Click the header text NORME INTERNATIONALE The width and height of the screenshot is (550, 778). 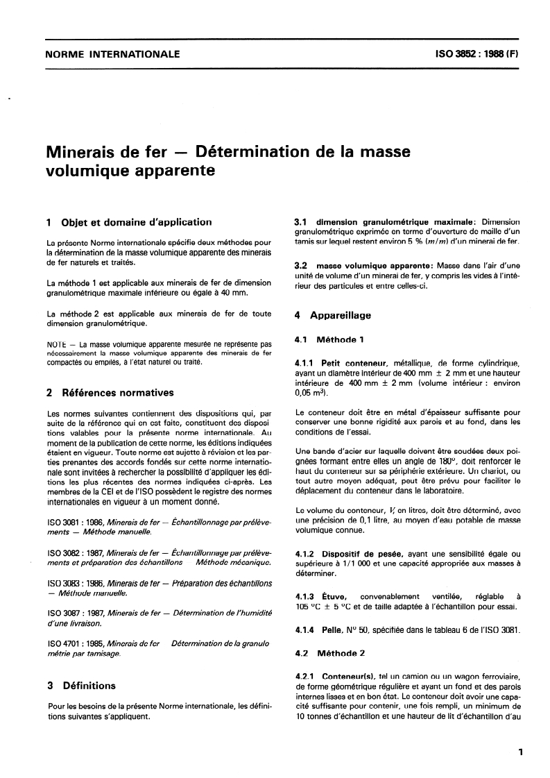coord(112,54)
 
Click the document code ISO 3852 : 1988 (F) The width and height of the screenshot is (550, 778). coord(470,54)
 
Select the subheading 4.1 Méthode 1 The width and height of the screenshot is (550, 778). coord(330,340)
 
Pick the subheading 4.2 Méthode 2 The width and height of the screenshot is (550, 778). coord(330,653)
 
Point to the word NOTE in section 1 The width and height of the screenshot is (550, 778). coord(56,344)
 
